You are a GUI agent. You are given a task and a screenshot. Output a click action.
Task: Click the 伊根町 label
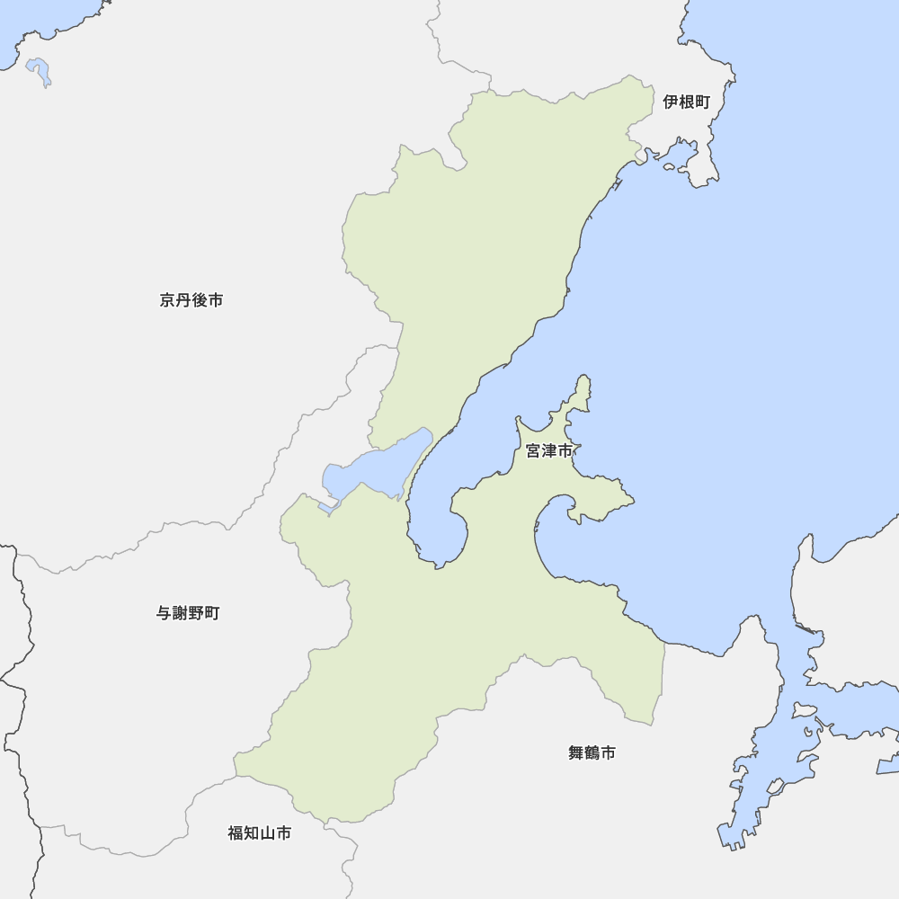686,102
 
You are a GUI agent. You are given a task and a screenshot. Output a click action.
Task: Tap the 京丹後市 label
191,300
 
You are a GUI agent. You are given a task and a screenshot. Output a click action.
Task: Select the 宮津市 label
548,451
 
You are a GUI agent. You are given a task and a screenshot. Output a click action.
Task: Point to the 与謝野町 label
187,613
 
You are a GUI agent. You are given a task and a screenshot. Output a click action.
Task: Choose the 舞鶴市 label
592,753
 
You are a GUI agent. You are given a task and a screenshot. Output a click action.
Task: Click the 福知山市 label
259,833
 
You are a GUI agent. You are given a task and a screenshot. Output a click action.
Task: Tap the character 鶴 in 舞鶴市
592,753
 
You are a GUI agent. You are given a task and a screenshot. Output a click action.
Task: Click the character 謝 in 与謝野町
179,613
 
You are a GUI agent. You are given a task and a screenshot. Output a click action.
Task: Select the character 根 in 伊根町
686,102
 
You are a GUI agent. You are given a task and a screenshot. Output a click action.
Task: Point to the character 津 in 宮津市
548,451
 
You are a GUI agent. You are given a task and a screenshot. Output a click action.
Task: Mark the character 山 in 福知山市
267,833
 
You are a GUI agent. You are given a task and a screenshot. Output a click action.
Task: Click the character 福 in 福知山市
236,833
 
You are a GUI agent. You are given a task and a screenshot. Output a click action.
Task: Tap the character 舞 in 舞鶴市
576,753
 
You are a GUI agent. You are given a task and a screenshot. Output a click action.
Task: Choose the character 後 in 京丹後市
199,300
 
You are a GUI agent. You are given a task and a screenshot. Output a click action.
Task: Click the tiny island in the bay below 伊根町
669,165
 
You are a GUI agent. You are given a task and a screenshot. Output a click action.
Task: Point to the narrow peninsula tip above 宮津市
584,382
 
